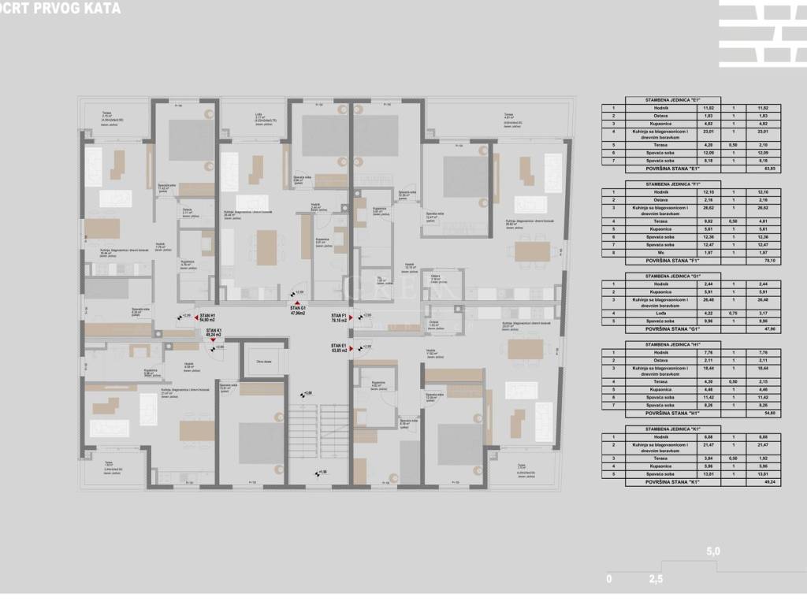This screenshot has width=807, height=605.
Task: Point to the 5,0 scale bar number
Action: (x=713, y=552)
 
